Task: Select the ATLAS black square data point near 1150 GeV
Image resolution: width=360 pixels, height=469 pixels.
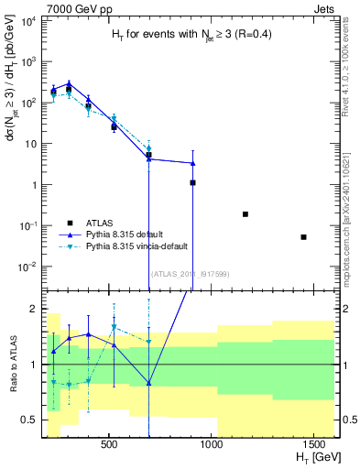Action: pyautogui.click(x=245, y=214)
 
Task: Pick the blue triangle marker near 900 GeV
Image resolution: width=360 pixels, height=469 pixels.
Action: pyautogui.click(x=192, y=163)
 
